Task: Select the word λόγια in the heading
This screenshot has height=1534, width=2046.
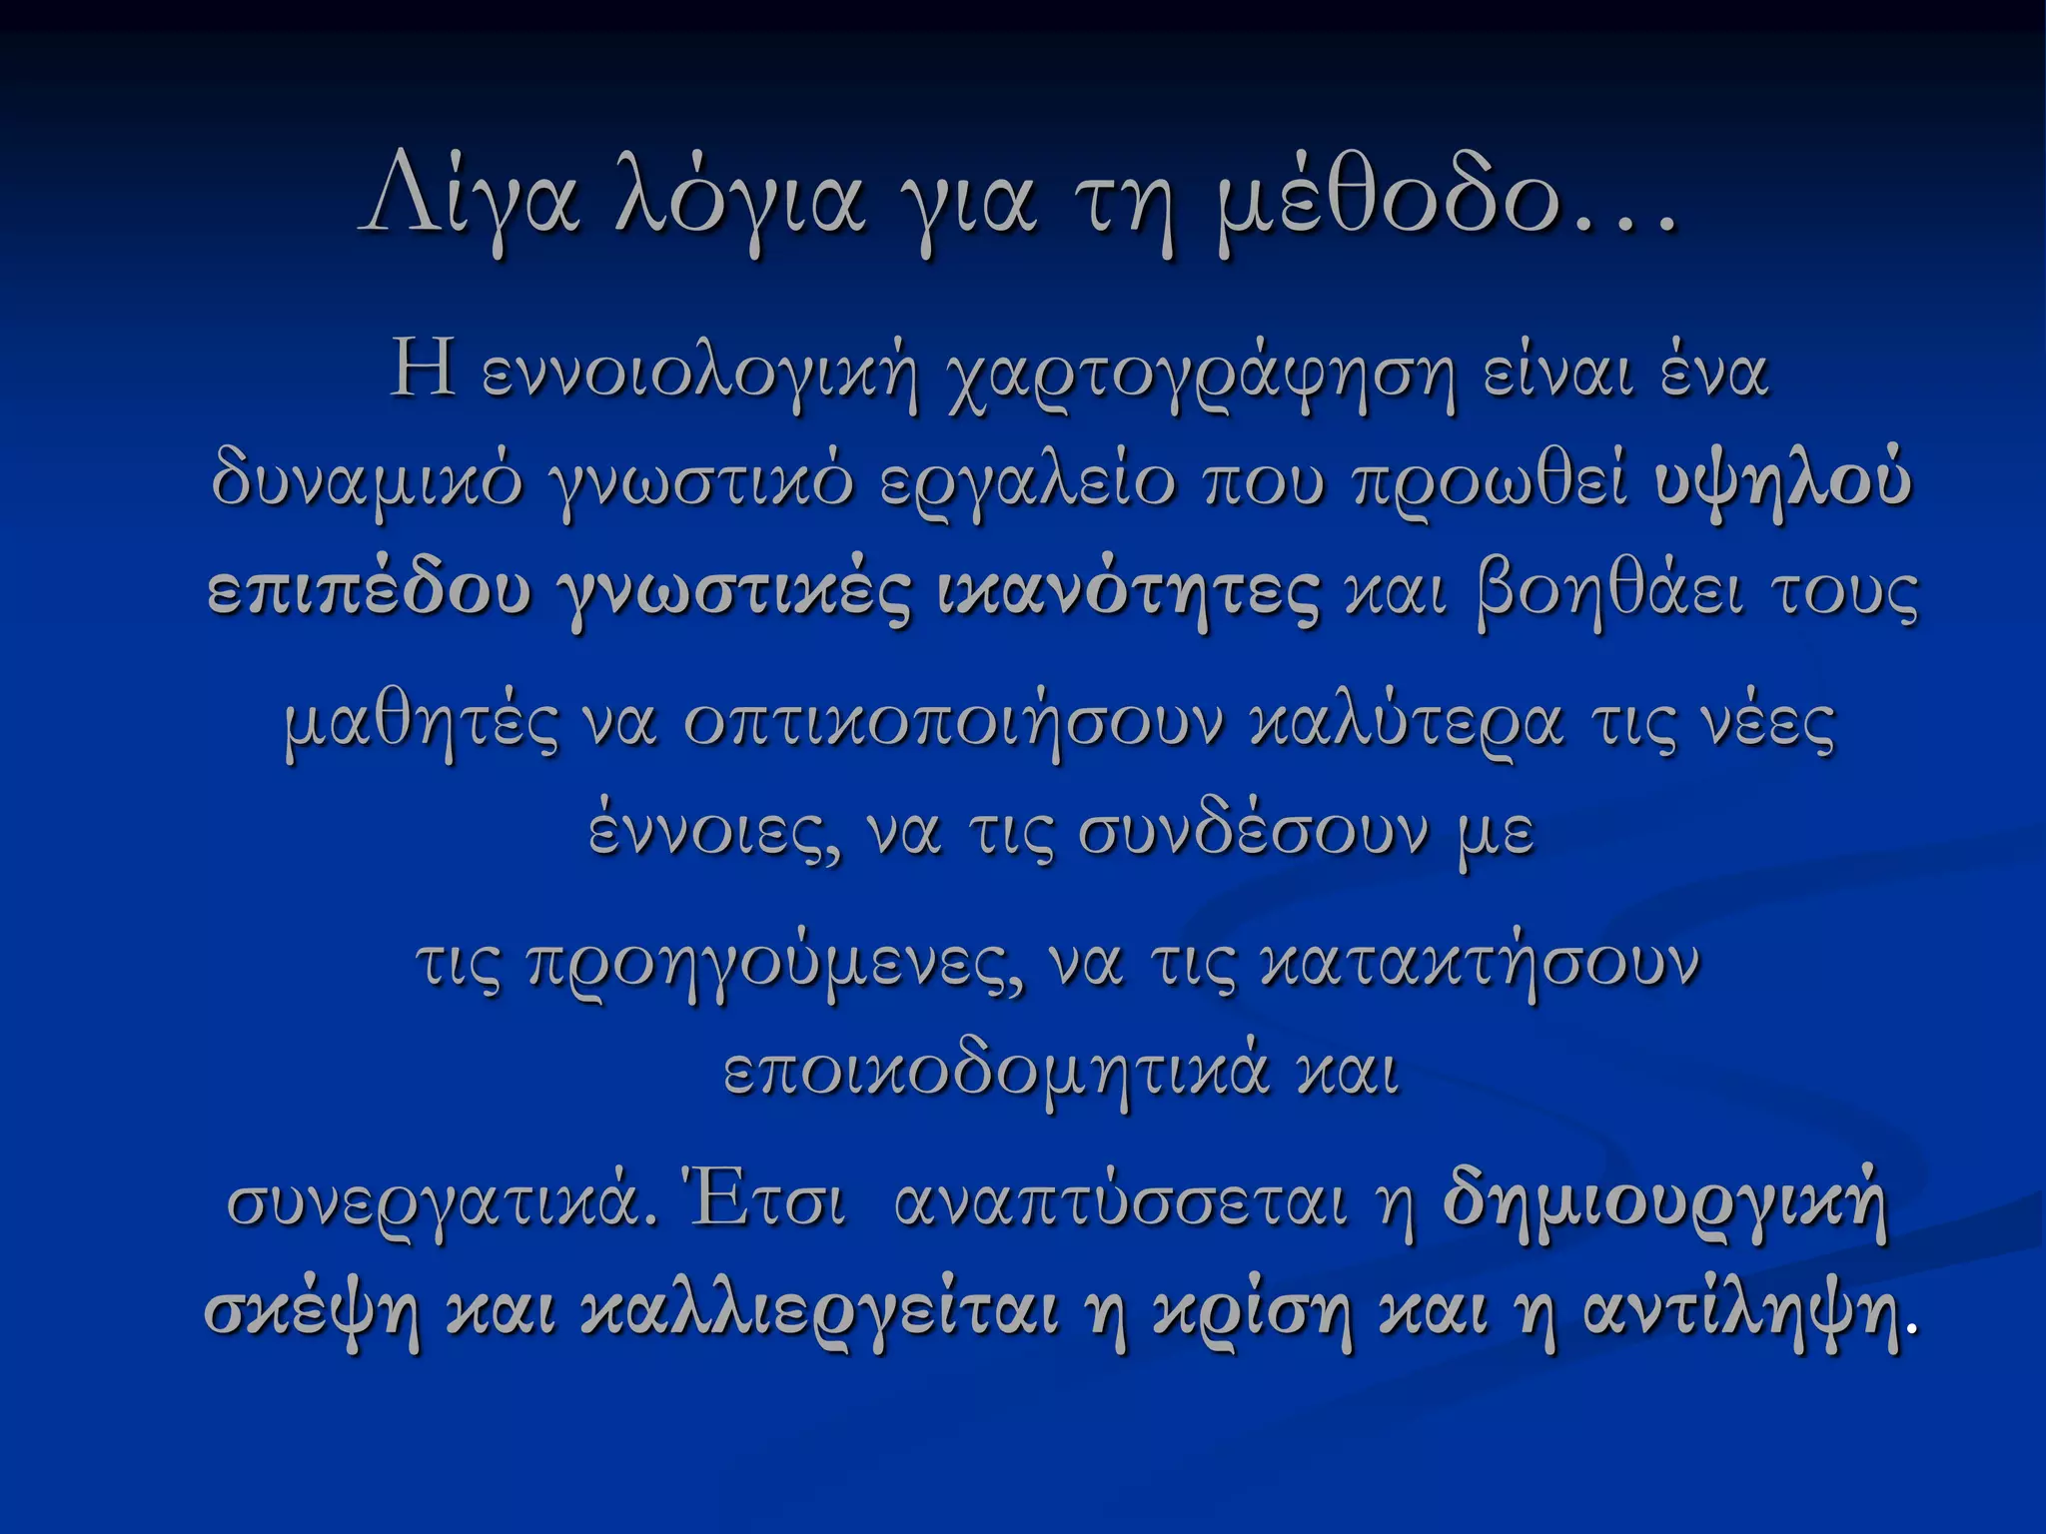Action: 740,198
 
